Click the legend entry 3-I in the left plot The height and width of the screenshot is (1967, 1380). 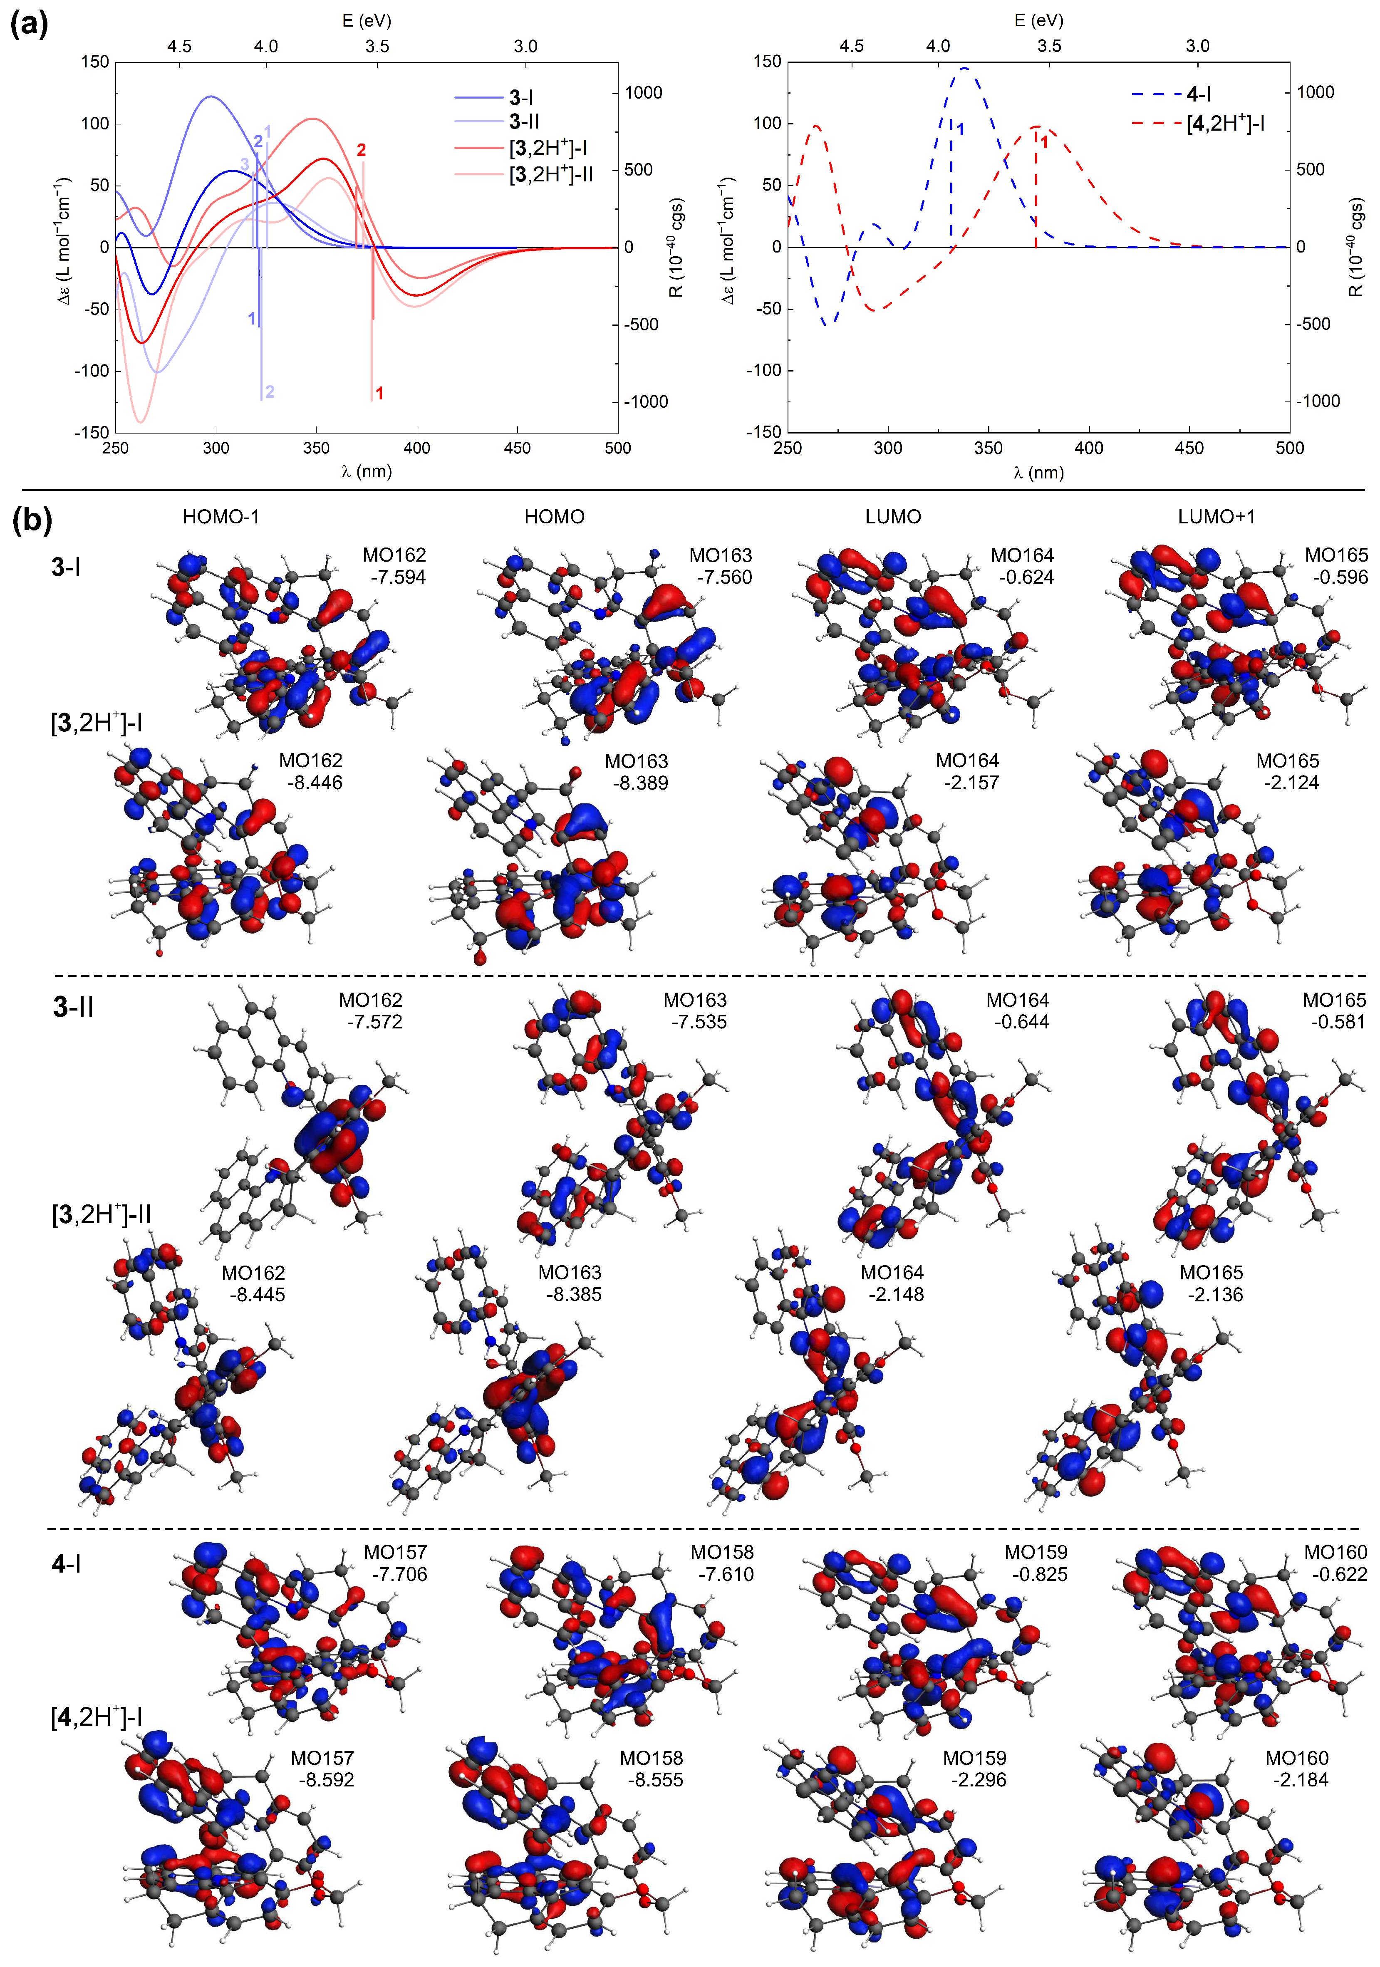click(521, 98)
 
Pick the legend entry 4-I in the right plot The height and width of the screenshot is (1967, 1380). click(1197, 94)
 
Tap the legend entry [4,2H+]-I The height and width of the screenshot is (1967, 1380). click(1225, 124)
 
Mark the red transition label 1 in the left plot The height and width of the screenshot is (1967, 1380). click(379, 393)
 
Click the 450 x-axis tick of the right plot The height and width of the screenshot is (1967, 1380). click(1189, 448)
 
